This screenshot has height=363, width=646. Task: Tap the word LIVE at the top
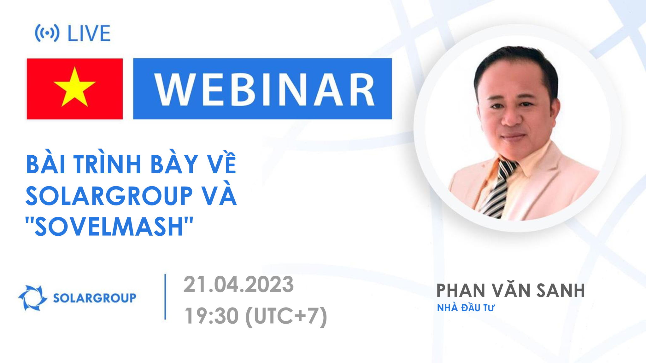89,33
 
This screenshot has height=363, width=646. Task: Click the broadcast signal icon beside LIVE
47,33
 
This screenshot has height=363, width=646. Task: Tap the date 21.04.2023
238,284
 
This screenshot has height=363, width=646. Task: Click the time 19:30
211,316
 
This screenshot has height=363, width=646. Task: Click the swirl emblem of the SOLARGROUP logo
32,298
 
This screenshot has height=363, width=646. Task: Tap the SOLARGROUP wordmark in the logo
94,298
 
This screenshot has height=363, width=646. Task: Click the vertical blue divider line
165,297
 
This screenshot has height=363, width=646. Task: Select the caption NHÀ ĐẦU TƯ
466,308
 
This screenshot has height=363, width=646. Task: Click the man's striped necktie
498,189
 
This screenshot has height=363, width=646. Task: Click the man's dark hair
517,60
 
